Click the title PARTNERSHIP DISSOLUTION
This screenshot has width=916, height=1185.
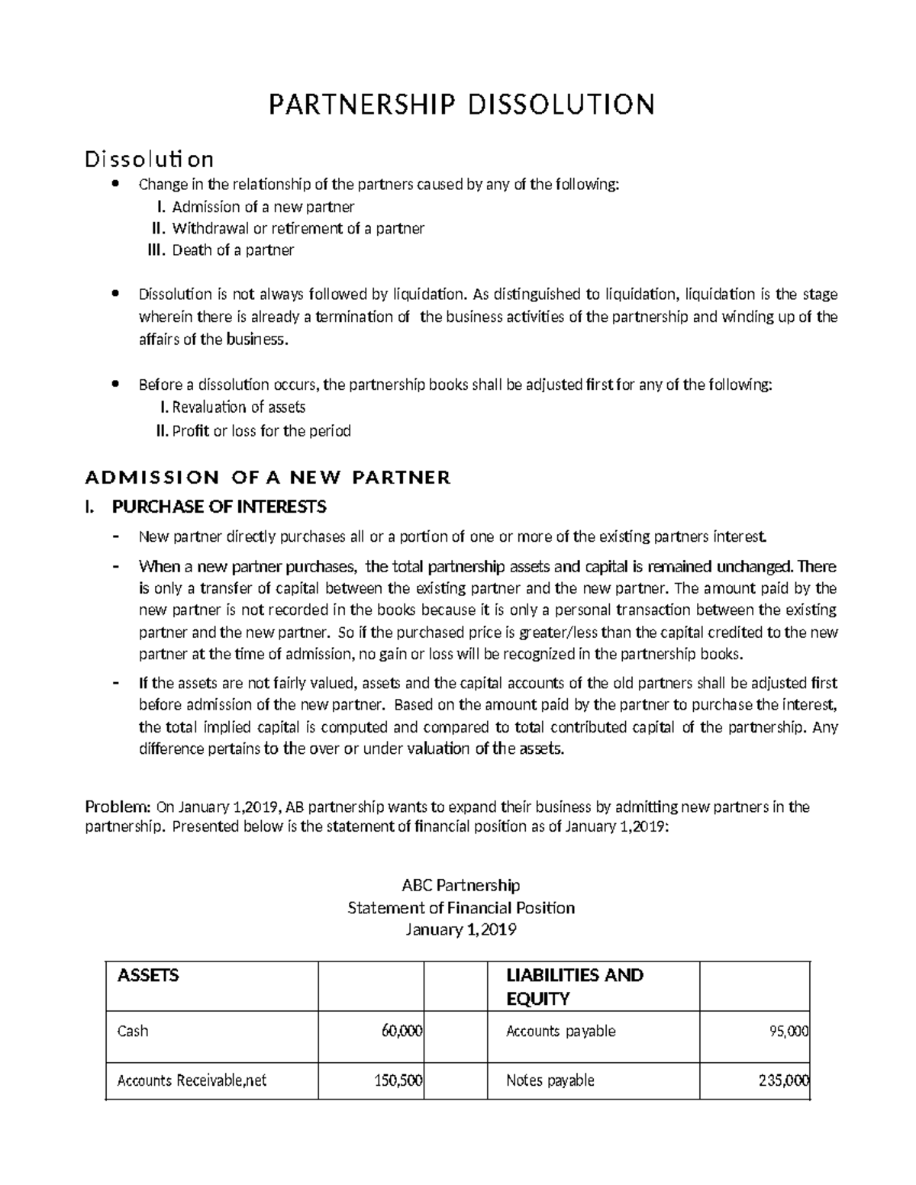pyautogui.click(x=461, y=104)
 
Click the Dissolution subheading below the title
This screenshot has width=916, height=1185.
pyautogui.click(x=149, y=159)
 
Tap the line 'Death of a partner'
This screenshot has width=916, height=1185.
pyautogui.click(x=233, y=250)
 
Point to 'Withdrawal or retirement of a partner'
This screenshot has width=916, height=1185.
pyautogui.click(x=298, y=228)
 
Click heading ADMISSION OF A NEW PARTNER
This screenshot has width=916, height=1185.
pyautogui.click(x=267, y=478)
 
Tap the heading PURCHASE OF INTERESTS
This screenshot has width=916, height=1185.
pyautogui.click(x=219, y=507)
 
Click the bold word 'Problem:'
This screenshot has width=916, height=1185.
pyautogui.click(x=118, y=807)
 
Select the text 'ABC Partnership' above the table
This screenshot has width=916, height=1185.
pyautogui.click(x=460, y=885)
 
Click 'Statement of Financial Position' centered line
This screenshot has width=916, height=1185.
pyautogui.click(x=460, y=908)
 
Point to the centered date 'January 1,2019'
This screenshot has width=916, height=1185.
pyautogui.click(x=460, y=930)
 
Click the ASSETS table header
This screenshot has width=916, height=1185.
pyautogui.click(x=148, y=975)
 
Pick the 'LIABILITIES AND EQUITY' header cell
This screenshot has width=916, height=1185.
pyautogui.click(x=574, y=987)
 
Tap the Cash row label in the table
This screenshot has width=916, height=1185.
pyautogui.click(x=132, y=1032)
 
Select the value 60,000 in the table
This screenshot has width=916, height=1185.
pyautogui.click(x=402, y=1032)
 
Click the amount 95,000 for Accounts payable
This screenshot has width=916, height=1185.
pyautogui.click(x=789, y=1032)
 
